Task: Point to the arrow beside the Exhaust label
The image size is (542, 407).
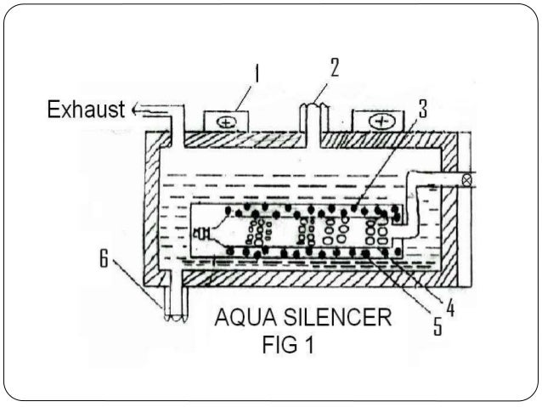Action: pos(138,110)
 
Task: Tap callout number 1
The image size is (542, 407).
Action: pos(258,77)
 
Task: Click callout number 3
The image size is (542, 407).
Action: pos(423,108)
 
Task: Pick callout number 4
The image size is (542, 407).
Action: pos(450,309)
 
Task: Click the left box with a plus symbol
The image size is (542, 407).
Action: pos(226,120)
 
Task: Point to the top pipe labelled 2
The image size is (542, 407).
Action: pos(313,119)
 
